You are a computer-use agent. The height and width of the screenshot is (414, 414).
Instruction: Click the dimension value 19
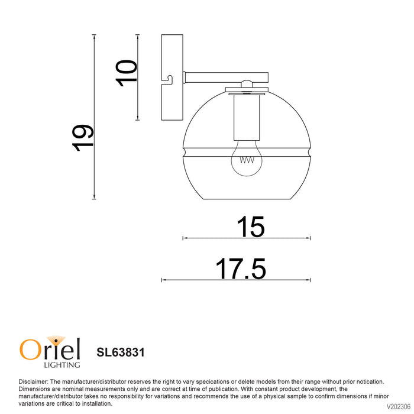click(83, 138)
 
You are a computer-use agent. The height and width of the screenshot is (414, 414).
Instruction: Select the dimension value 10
click(126, 73)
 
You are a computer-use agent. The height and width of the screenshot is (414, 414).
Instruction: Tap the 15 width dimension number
click(250, 227)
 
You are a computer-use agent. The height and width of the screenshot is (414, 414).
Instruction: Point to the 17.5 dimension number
click(241, 269)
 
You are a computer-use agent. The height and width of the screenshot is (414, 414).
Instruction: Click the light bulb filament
click(247, 160)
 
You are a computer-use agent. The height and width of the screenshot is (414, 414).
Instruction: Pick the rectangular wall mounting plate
click(172, 77)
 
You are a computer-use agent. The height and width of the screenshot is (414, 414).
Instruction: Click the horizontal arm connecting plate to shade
click(227, 77)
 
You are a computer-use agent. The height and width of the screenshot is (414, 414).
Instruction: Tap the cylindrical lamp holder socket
click(247, 118)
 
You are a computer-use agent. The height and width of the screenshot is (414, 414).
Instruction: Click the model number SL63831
click(121, 352)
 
